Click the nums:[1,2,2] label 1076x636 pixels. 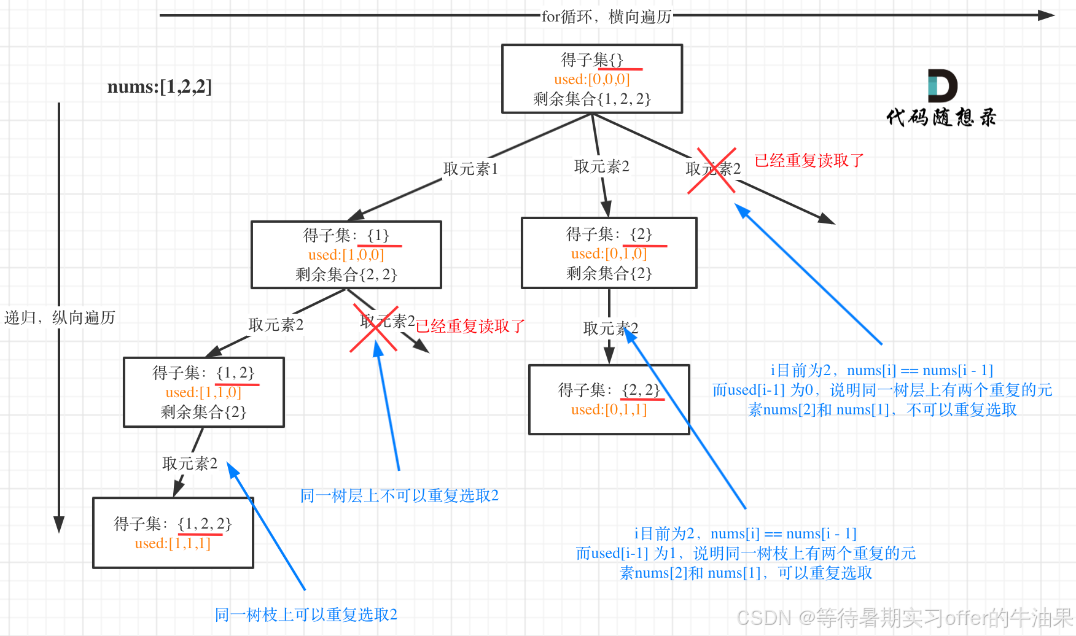pos(159,87)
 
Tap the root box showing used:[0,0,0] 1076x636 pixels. pos(591,79)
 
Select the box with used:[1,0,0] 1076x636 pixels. pos(346,254)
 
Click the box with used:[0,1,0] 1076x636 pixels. pos(609,253)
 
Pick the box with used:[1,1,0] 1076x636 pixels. pos(203,392)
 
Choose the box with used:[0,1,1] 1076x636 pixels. pos(609,400)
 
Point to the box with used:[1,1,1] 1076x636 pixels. pos(173,533)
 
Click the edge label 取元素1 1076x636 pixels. pos(470,169)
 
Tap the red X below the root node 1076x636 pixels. pos(712,170)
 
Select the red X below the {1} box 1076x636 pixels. pos(374,328)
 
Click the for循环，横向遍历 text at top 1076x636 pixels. pos(606,17)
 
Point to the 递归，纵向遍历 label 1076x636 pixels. pos(60,317)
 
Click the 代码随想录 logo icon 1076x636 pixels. pos(942,86)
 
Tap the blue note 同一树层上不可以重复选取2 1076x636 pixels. pos(399,495)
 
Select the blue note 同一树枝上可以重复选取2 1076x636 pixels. pos(306,615)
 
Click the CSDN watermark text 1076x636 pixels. pos(904,618)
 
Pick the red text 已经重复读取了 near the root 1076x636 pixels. pos(809,161)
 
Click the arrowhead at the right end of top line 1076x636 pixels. pos(1047,15)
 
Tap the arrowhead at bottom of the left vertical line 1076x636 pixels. pos(59,524)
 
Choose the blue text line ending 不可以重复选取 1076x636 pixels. pos(882,409)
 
